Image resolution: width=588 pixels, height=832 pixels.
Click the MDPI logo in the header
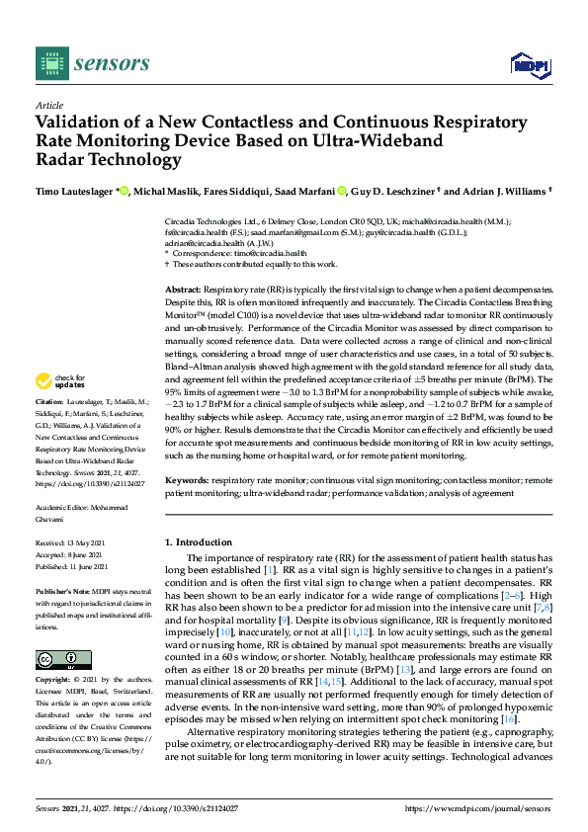[x=530, y=65]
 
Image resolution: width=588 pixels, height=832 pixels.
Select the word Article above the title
[x=48, y=105]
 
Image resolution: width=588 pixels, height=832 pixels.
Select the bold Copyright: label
[x=54, y=681]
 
